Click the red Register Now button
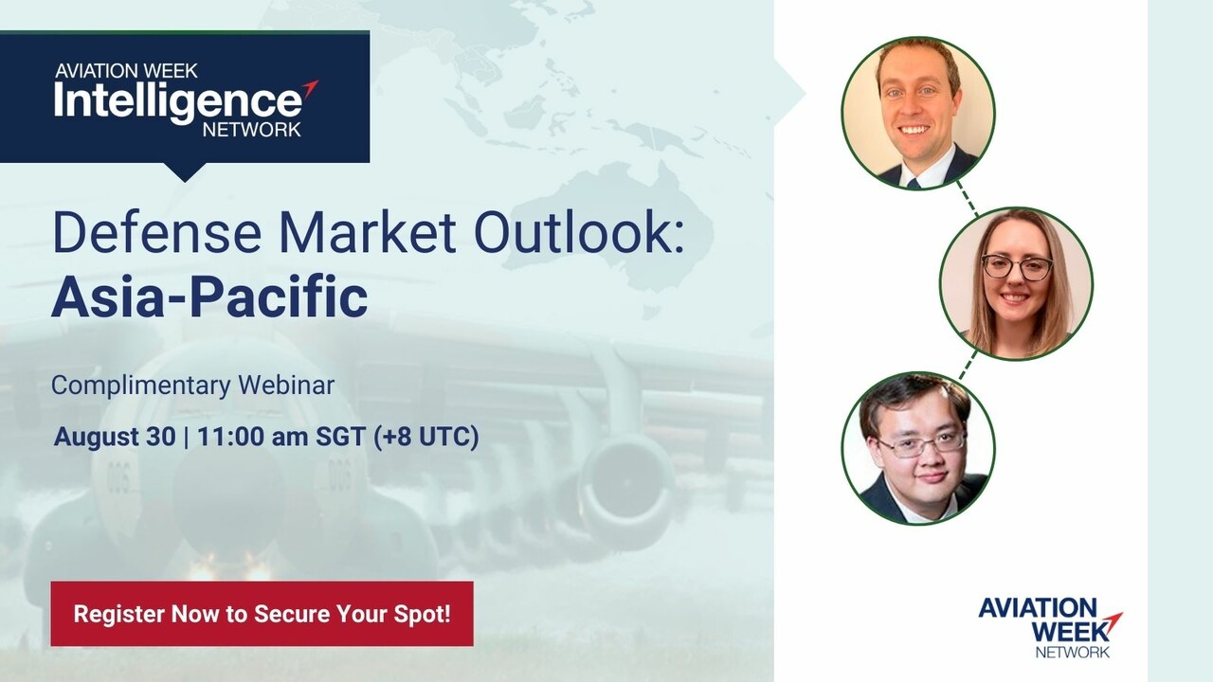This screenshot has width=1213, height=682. point(263,614)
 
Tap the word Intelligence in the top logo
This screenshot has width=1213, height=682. point(178,101)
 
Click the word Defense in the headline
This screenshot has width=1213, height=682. point(157,233)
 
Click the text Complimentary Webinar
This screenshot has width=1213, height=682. point(192,386)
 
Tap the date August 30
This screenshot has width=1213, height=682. point(115,437)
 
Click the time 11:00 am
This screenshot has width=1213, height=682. point(253,437)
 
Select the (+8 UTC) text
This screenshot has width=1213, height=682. point(426,437)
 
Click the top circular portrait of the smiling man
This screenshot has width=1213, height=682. point(918,113)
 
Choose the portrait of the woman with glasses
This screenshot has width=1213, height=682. point(1017,283)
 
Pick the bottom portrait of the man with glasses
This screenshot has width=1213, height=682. point(918,448)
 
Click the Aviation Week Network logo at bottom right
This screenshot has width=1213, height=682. point(1051,628)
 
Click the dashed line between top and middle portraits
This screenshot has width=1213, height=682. point(968,198)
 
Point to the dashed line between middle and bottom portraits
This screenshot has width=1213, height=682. point(969,365)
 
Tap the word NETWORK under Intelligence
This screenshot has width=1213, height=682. point(252,130)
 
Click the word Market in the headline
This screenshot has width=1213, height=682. point(368,233)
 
